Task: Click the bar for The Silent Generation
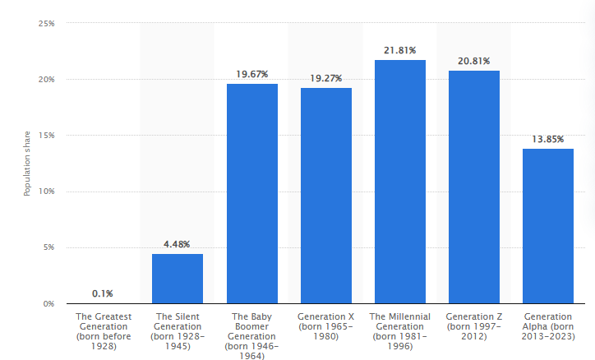pos(178,279)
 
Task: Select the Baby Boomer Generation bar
pos(251,194)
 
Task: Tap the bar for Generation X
pos(325,196)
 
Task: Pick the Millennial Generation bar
pos(400,182)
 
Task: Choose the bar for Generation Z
pos(474,187)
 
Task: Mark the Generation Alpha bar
pos(548,226)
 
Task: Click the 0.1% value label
pos(104,293)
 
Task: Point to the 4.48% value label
pos(178,244)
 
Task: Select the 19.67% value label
pos(251,74)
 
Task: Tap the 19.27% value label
pos(325,78)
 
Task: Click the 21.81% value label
pos(400,50)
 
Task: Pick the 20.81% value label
pos(474,61)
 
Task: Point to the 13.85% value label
pos(548,139)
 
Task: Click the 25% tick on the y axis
pos(46,24)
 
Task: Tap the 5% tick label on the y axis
pos(48,247)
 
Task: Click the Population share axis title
pos(26,164)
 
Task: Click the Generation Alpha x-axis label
pos(548,325)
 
